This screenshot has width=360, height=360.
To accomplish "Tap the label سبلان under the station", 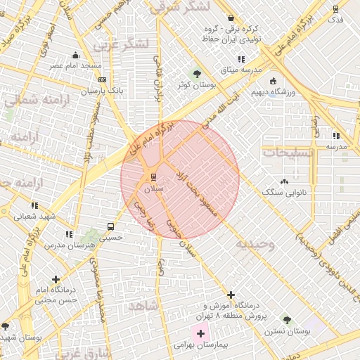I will [x=153, y=189].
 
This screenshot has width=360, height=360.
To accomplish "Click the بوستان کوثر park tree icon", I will [x=197, y=74].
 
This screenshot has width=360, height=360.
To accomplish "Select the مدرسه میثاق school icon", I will [x=241, y=60].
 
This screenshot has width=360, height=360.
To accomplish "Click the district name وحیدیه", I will [x=254, y=243].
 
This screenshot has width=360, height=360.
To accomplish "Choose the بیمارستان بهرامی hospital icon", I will [x=200, y=333].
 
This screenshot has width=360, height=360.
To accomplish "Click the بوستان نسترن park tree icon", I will [x=286, y=319].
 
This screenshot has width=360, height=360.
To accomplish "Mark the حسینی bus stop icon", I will [x=110, y=226].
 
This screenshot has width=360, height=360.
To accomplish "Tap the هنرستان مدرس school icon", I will [x=69, y=234].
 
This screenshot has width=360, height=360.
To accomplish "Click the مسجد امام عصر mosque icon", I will [x=76, y=55].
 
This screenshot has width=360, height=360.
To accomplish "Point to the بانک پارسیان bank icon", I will [x=101, y=81].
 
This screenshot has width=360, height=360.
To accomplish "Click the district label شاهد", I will [x=141, y=307].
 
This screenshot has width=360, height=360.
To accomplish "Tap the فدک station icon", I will [x=335, y=9].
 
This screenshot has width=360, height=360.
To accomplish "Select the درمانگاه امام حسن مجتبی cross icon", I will [x=56, y=279].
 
